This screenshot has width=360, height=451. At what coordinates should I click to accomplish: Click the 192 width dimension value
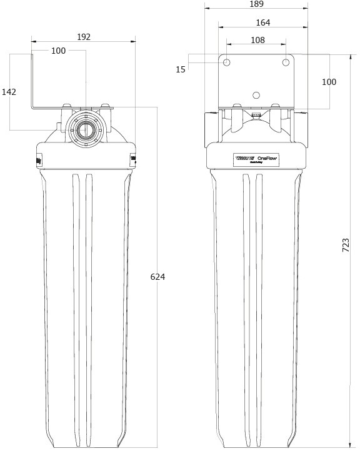tap(83, 37)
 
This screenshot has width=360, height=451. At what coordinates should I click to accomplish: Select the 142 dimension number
tap(9, 92)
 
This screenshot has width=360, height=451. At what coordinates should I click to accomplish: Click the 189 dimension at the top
tap(256, 4)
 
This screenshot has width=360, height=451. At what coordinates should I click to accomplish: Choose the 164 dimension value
tap(262, 22)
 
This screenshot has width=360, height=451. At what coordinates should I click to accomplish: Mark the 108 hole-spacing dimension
tap(257, 40)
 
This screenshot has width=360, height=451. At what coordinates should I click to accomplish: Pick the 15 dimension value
tap(181, 69)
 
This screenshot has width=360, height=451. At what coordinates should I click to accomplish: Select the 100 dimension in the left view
tap(58, 51)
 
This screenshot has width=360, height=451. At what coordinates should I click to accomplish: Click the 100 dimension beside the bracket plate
tap(329, 82)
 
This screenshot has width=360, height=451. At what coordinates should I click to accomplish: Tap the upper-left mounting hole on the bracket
tap(227, 62)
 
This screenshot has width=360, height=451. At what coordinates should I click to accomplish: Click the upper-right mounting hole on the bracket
tap(286, 62)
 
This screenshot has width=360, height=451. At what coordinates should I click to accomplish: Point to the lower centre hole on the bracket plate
tap(255, 95)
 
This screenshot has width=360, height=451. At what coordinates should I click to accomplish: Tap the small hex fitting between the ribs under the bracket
tap(255, 115)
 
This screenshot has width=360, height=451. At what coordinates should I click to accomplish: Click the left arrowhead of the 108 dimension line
tap(228, 45)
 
